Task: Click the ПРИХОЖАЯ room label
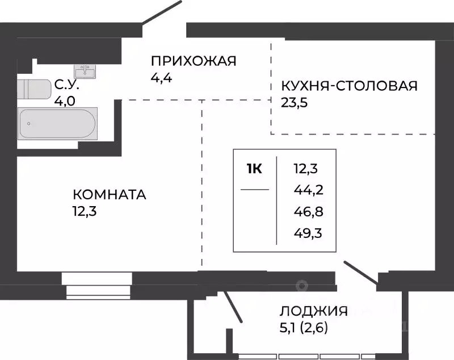pos(193,61)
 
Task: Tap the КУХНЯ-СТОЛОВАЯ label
pos(349,86)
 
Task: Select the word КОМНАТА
pos(110,195)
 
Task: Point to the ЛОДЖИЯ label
pos(313,311)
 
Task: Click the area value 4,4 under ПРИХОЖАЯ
pos(161,77)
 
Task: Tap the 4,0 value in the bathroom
pos(64,102)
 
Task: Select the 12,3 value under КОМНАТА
pos(84,211)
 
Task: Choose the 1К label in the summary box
pos(254,169)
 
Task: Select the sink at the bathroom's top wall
pos(87,71)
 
